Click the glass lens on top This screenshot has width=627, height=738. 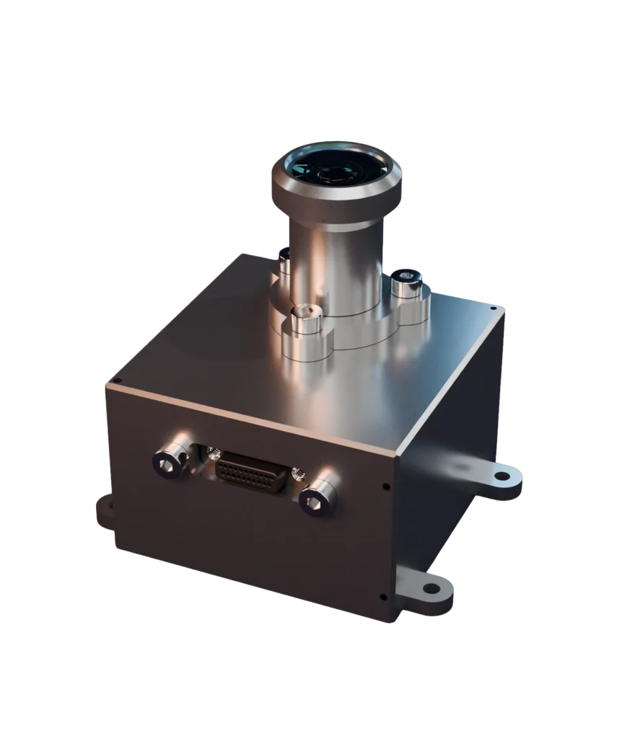336,168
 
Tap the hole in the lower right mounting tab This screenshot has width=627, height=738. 431,588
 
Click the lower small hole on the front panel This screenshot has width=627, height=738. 382,596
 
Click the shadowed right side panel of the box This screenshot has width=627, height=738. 447,461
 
